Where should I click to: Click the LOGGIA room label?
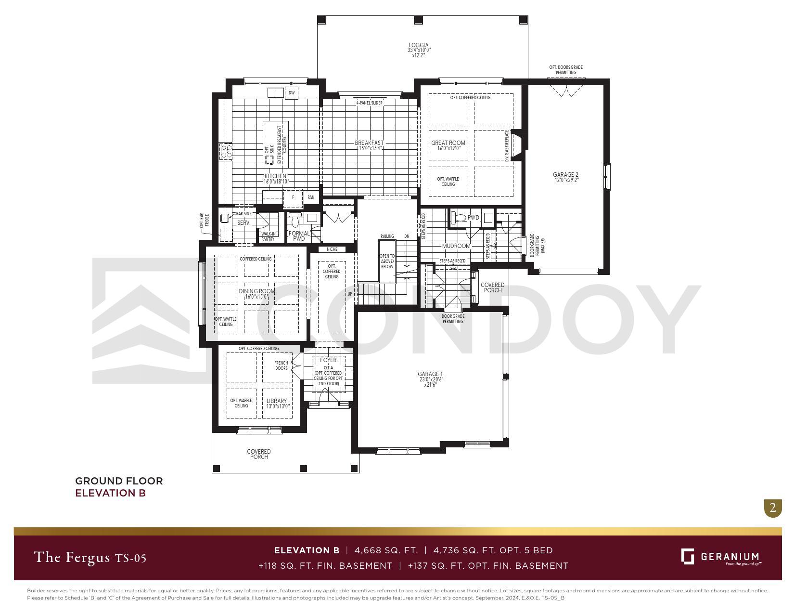pyautogui.click(x=418, y=46)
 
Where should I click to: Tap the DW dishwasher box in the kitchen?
pyautogui.click(x=292, y=92)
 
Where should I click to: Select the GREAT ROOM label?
pyautogui.click(x=448, y=143)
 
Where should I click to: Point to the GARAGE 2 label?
pyautogui.click(x=565, y=175)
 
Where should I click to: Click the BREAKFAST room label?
pyautogui.click(x=369, y=143)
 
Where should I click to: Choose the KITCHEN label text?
pyautogui.click(x=275, y=176)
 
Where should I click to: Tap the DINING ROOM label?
pyautogui.click(x=257, y=291)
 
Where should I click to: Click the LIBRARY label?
pyautogui.click(x=277, y=401)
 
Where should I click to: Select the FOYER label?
pyautogui.click(x=329, y=360)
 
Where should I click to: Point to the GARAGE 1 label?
pyautogui.click(x=430, y=374)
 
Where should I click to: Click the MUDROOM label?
pyautogui.click(x=456, y=246)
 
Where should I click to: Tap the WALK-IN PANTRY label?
pyautogui.click(x=268, y=236)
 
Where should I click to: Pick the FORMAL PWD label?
pyautogui.click(x=299, y=236)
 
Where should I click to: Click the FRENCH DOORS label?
pyautogui.click(x=281, y=366)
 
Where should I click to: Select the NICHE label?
pyautogui.click(x=332, y=249)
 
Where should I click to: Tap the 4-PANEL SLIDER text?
pyautogui.click(x=369, y=103)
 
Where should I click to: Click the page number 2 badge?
pyautogui.click(x=773, y=508)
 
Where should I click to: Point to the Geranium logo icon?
pyautogui.click(x=688, y=556)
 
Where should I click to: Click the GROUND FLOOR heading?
pyautogui.click(x=119, y=481)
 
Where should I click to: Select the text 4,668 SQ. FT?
pyautogui.click(x=386, y=550)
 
